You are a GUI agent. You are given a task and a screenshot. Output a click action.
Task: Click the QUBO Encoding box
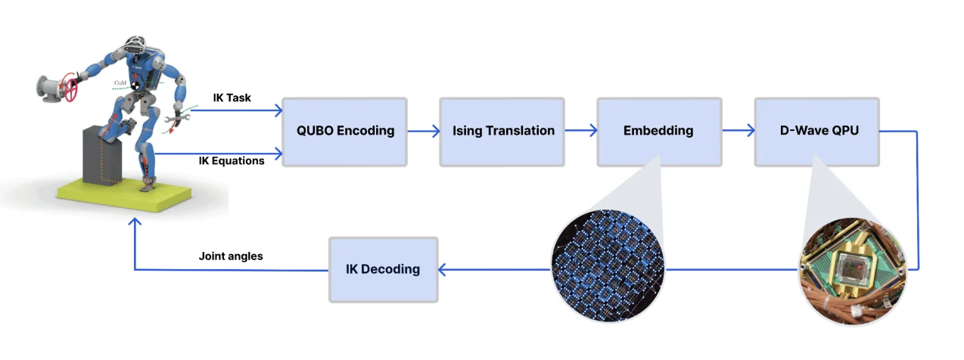344,131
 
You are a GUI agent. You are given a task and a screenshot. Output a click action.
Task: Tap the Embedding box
658,131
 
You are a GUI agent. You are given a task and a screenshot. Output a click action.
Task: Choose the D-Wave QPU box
816,131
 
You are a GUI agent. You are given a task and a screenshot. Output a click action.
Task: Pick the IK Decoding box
383,268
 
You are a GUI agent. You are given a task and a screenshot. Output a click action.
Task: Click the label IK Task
233,98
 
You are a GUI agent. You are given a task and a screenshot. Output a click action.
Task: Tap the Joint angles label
231,256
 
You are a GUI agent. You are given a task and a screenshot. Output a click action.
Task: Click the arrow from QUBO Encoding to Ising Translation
424,131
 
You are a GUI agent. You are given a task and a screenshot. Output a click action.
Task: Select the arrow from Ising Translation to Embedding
580,131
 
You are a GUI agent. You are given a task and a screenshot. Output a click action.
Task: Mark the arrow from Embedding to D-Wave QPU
738,131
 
